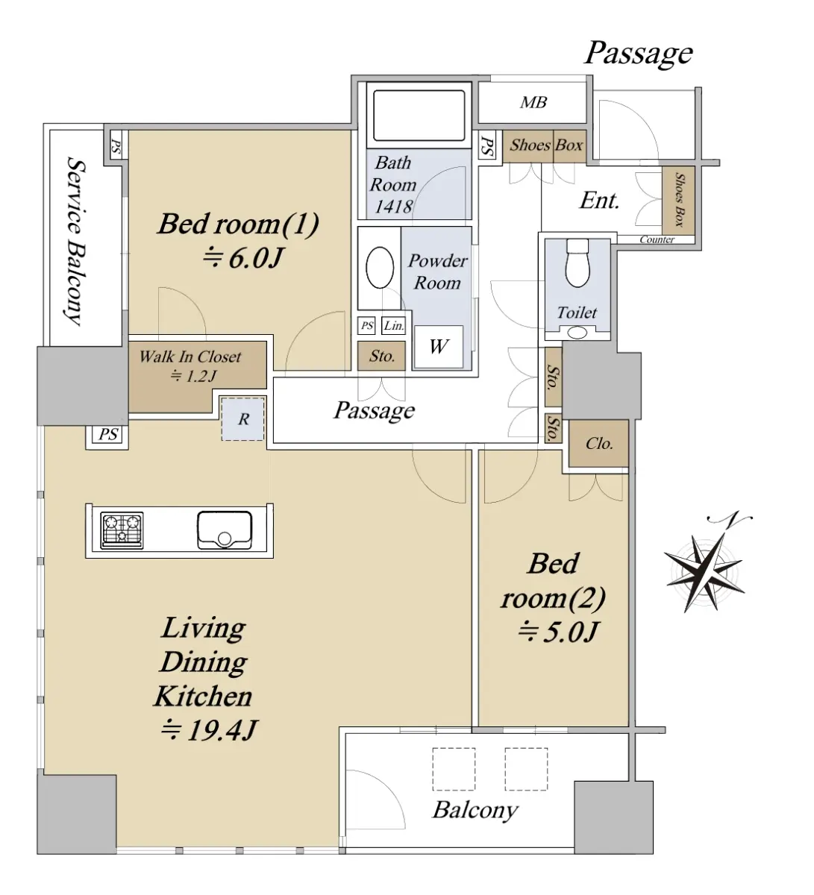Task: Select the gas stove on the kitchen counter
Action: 122,530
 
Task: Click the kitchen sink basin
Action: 224,530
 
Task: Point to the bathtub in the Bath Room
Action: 419,115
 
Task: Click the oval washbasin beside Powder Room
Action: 380,268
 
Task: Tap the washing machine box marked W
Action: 438,347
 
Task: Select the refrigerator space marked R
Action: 243,418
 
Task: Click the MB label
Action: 533,103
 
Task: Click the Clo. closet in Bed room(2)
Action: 599,444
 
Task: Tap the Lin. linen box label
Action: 394,326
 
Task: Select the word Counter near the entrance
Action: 657,239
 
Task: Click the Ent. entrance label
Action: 600,201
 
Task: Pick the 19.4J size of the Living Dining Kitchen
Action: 209,731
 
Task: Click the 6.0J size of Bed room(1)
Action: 243,258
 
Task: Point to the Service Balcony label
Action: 74,240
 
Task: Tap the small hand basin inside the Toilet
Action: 577,333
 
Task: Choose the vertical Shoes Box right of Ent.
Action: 679,201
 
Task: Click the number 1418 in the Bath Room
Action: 393,207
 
